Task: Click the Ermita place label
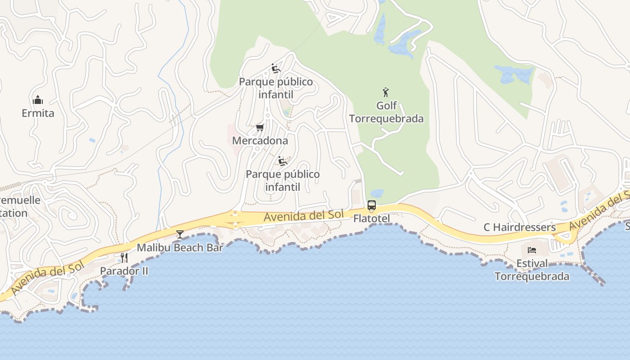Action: coord(38,113)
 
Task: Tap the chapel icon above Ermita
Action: coord(38,100)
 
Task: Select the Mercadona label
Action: coord(260,140)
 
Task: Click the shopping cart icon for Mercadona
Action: coord(260,128)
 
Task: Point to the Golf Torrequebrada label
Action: coord(387,112)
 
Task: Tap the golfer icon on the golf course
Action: coord(386,93)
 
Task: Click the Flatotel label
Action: coord(372,219)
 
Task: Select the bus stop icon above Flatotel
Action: coord(372,206)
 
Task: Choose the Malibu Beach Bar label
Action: coord(180,247)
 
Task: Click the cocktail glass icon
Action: coord(180,234)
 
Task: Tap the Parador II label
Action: coord(124,271)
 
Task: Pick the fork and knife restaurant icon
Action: coord(124,258)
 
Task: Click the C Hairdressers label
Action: coord(520,227)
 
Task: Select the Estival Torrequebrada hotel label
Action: coord(532,270)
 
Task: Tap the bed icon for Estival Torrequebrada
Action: coord(532,250)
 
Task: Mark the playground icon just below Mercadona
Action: coord(283,161)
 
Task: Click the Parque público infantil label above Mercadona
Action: coord(276,88)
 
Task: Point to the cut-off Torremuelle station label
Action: coord(18,207)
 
